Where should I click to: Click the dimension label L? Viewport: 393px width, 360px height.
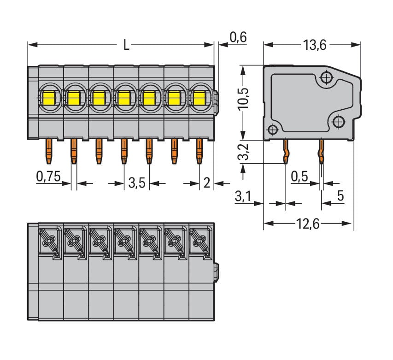[126, 45]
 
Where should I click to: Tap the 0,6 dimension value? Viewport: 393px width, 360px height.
[237, 38]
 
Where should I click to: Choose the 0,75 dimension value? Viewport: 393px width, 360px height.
[48, 177]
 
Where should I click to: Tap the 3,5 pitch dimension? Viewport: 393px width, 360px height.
[137, 183]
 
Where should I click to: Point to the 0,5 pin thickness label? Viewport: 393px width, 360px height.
[300, 177]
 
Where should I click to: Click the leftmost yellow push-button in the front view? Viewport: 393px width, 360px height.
[48, 98]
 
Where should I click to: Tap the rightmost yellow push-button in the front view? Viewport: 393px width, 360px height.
[199, 98]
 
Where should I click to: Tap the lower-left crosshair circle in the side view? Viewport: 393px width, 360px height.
[272, 130]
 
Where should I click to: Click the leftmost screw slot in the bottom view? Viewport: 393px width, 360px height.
[49, 240]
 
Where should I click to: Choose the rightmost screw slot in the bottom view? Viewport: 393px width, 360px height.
[200, 240]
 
